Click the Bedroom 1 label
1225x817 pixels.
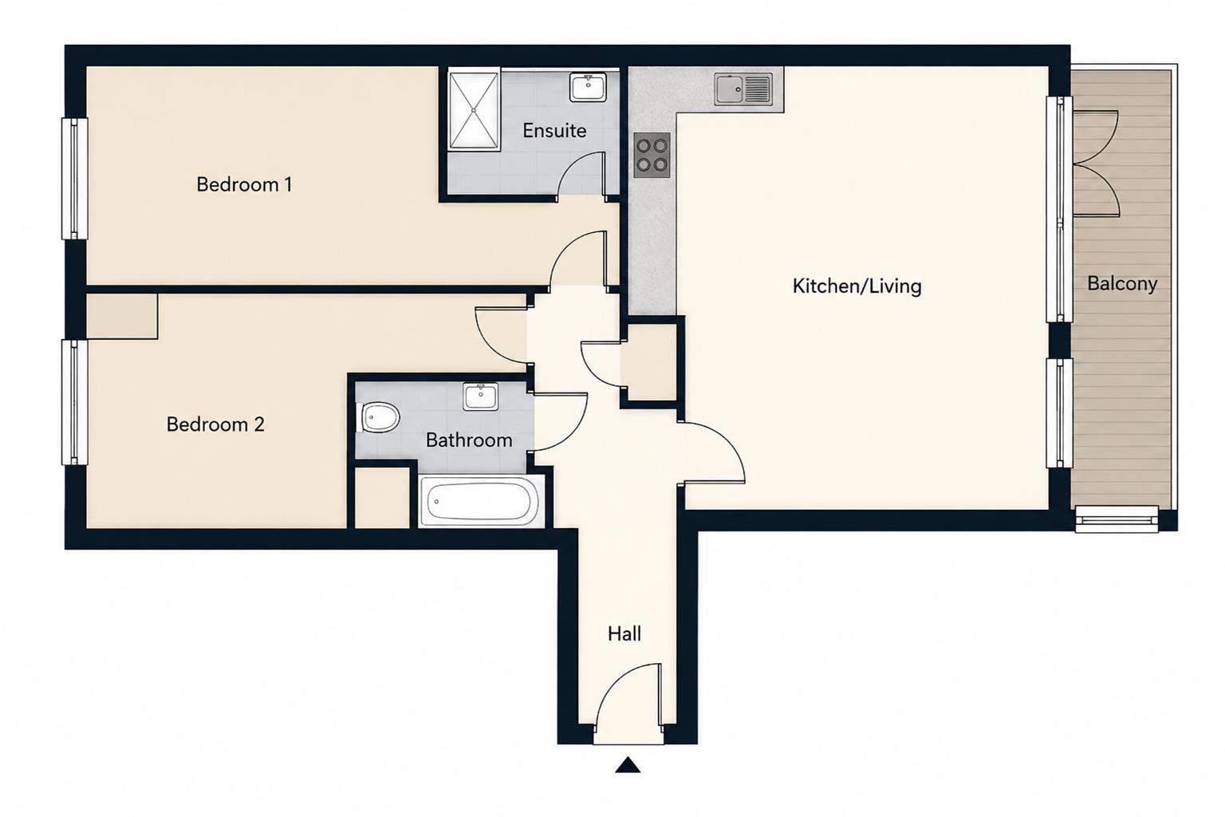click(x=244, y=184)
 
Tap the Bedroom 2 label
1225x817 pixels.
click(x=215, y=424)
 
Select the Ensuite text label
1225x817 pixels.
click(x=554, y=130)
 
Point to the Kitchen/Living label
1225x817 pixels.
click(x=857, y=286)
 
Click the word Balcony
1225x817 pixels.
click(x=1122, y=283)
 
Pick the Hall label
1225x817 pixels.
click(x=624, y=633)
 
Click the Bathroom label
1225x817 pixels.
click(x=469, y=440)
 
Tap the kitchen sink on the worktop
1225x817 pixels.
click(x=743, y=89)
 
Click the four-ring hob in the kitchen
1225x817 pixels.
click(x=652, y=156)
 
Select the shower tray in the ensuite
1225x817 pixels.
click(x=474, y=109)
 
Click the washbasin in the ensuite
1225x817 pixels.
click(x=588, y=88)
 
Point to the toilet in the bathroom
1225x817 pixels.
click(x=379, y=417)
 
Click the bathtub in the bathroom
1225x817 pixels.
click(x=481, y=501)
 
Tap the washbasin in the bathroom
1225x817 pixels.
click(x=481, y=397)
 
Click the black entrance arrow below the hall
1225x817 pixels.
click(x=628, y=764)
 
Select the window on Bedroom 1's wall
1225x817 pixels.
click(x=75, y=179)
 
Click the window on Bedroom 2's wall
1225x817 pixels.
click(x=75, y=402)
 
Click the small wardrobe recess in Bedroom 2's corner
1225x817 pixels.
click(x=122, y=316)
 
